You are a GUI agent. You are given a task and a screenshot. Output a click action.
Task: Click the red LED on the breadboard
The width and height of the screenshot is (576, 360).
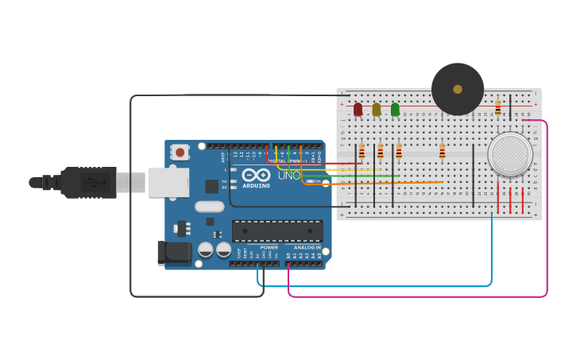(358, 109)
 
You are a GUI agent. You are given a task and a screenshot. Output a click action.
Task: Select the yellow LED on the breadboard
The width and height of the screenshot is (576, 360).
(377, 109)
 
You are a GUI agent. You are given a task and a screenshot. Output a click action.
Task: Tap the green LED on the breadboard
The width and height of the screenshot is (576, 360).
(395, 109)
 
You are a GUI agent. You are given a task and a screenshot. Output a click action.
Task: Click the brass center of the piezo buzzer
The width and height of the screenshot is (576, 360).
(458, 89)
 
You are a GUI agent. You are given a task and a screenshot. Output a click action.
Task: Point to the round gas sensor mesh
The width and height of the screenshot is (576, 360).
(510, 154)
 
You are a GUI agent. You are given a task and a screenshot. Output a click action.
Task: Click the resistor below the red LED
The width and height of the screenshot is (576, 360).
(361, 150)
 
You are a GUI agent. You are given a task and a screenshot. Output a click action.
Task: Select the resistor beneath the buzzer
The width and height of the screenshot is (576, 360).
(443, 151)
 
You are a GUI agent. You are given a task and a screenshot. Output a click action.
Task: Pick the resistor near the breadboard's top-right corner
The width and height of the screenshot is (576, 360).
(498, 107)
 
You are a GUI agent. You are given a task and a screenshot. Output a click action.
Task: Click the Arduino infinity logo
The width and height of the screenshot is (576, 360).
(256, 175)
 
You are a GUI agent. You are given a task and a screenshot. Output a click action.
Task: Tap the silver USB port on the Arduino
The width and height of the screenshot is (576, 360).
(168, 182)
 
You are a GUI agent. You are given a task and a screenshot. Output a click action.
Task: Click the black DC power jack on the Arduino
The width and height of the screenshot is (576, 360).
(174, 253)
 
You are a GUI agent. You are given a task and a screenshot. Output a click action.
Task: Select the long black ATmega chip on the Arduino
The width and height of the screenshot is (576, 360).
(277, 231)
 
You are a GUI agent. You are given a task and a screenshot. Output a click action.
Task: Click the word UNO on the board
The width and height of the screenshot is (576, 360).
(289, 175)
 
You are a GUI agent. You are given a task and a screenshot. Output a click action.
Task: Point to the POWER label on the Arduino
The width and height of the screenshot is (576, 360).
(269, 247)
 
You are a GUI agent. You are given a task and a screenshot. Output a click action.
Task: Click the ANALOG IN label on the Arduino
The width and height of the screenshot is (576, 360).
(307, 247)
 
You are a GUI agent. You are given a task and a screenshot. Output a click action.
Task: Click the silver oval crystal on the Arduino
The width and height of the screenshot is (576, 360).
(210, 206)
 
